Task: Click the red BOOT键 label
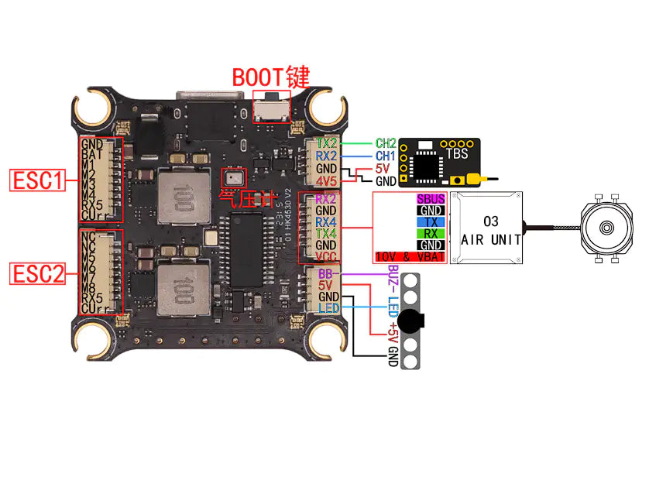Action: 271,77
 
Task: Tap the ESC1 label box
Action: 36,181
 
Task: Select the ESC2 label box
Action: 36,273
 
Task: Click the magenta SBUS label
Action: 431,200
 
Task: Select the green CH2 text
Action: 386,143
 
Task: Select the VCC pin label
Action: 326,256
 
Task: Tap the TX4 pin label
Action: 326,233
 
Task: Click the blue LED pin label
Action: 328,309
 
